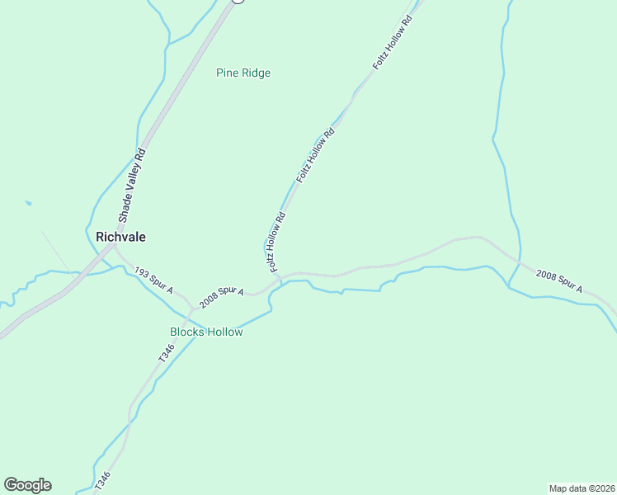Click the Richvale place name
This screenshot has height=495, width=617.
point(120,237)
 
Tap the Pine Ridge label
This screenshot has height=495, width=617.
point(243,73)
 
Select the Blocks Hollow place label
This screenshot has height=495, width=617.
point(206,332)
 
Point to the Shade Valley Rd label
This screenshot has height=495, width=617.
point(132,186)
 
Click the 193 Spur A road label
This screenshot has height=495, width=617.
point(153,280)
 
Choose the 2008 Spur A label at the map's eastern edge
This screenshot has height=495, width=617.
point(558,281)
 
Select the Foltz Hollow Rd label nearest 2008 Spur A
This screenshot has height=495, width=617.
point(276,243)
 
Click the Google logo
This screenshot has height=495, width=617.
point(27,485)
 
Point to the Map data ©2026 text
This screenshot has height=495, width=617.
point(582,488)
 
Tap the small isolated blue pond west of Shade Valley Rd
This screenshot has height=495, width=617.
point(29,202)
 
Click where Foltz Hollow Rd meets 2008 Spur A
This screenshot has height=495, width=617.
point(280,276)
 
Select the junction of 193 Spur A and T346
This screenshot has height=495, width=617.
point(192,308)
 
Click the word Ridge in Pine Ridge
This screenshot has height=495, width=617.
point(256,73)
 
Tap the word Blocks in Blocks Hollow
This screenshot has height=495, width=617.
point(187,332)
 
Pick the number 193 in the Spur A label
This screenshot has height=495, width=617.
point(142,272)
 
